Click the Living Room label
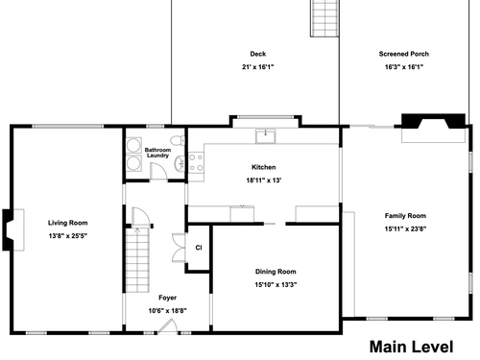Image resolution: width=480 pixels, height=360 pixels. [68, 223]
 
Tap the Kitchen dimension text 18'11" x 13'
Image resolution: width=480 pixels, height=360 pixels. [264, 180]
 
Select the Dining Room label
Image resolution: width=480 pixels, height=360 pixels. [276, 272]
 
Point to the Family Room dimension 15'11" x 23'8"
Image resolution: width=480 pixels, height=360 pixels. [405, 228]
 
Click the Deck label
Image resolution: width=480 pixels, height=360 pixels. [258, 54]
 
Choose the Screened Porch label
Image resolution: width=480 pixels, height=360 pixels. [404, 54]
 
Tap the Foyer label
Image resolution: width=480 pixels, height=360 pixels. [167, 298]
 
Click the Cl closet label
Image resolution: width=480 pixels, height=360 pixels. [199, 248]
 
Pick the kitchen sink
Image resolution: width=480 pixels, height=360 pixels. [265, 136]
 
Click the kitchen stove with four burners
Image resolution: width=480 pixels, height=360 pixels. [196, 162]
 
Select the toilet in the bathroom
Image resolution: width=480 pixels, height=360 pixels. [178, 140]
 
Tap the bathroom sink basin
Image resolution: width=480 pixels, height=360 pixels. [180, 163]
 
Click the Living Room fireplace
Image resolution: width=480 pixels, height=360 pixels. [12, 229]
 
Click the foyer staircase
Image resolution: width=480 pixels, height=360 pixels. [137, 259]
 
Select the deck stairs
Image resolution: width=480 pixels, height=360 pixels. [324, 18]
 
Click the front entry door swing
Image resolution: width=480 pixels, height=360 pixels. [168, 326]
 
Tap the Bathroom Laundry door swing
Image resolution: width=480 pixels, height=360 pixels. [158, 171]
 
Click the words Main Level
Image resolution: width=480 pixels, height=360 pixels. [411, 347]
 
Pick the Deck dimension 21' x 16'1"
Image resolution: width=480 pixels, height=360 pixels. [258, 67]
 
